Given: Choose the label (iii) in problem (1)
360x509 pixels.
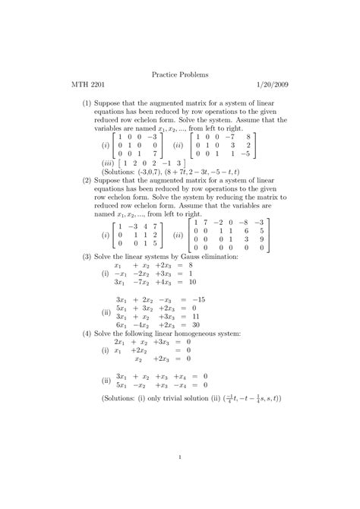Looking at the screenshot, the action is pyautogui.click(x=108, y=162).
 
